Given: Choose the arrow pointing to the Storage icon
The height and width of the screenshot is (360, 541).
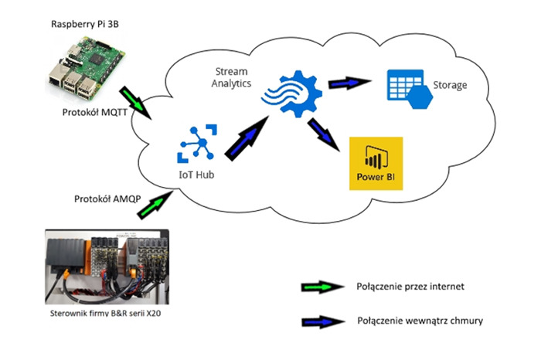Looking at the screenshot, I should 349,83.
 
